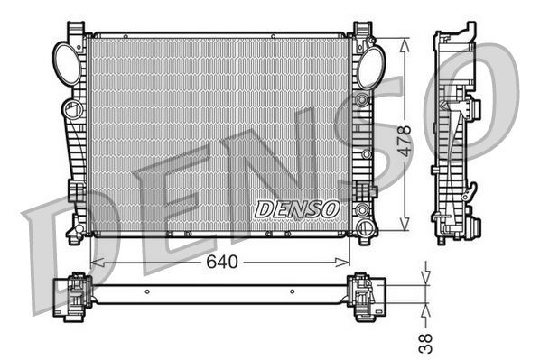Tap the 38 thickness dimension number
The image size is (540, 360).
pyautogui.click(x=427, y=341)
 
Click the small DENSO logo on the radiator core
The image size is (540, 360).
pyautogui.click(x=297, y=208)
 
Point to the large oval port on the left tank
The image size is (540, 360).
pyautogui.click(x=69, y=63)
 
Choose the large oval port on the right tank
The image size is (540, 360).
pyautogui.click(x=370, y=66)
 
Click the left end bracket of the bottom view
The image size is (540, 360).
pyautogui.click(x=71, y=295)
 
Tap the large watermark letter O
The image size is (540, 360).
pyautogui.click(x=488, y=95)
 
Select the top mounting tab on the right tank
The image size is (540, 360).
pyautogui.click(x=363, y=30)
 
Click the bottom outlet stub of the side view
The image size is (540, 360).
pyautogui.click(x=442, y=239)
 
